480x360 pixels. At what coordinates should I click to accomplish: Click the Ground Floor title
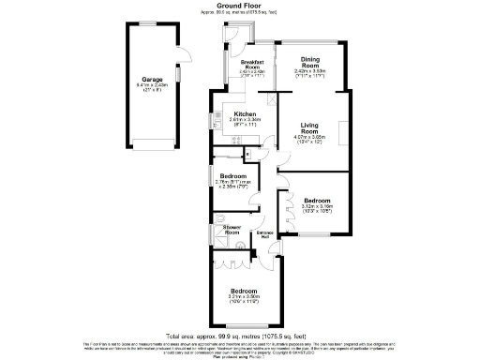click(240, 6)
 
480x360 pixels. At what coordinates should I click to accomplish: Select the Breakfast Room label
click(251, 65)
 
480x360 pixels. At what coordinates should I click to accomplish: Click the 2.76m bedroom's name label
click(233, 176)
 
